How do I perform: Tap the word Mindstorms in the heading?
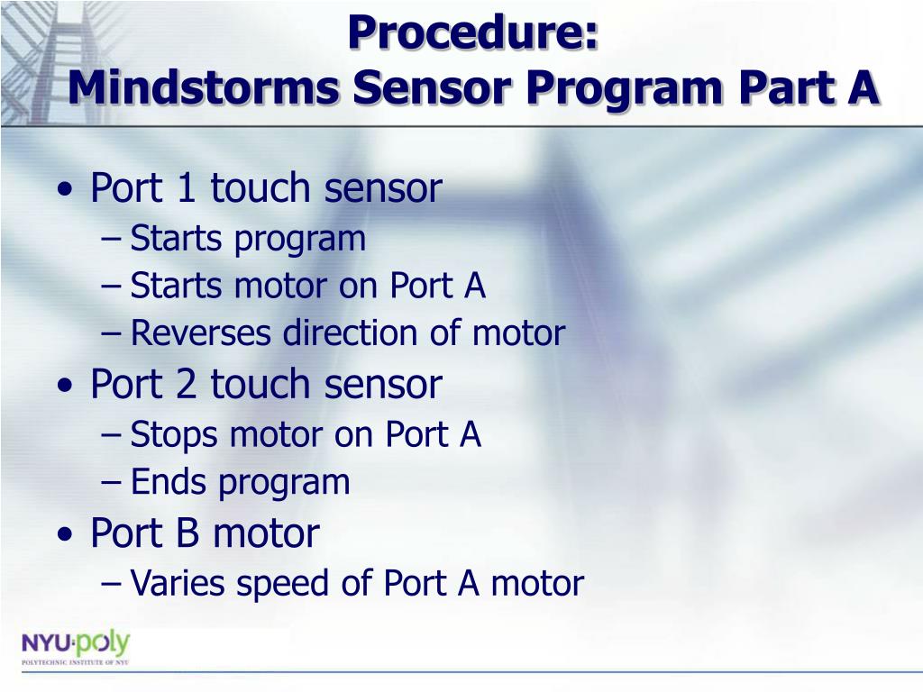pyautogui.click(x=203, y=87)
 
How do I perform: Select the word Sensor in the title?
pyautogui.click(x=433, y=87)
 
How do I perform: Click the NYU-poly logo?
pyautogui.click(x=76, y=648)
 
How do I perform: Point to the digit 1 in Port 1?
pyautogui.click(x=186, y=187)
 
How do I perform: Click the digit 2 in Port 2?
pyautogui.click(x=186, y=384)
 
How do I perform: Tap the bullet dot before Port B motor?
pyautogui.click(x=65, y=534)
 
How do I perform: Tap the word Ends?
pyautogui.click(x=169, y=482)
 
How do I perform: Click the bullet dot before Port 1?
pyautogui.click(x=65, y=189)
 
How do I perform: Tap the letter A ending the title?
pyautogui.click(x=863, y=87)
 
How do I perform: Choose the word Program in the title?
pyautogui.click(x=624, y=90)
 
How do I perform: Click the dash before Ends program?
pyautogui.click(x=111, y=483)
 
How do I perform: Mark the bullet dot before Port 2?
pyautogui.click(x=65, y=386)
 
